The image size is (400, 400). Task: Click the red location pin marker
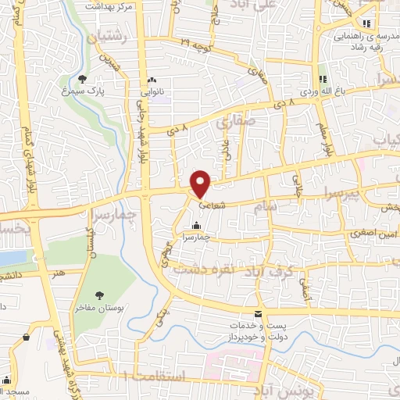[x=201, y=183]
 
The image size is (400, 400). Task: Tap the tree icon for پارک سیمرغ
[x=83, y=78]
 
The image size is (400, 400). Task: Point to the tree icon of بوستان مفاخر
[x=100, y=294]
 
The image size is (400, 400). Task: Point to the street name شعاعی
[x=212, y=207]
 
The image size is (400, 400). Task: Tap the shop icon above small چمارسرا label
[x=195, y=226]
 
